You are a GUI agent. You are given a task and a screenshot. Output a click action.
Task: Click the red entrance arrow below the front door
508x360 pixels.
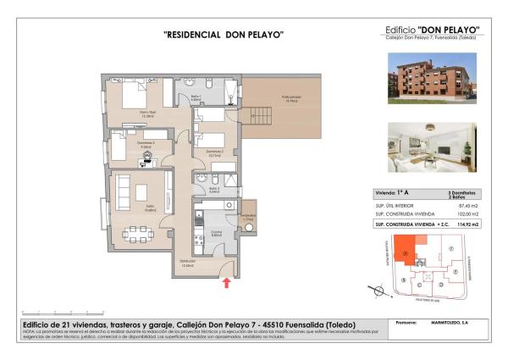coord(226,282)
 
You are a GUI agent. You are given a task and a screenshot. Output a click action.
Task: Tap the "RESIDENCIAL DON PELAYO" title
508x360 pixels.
coord(223,35)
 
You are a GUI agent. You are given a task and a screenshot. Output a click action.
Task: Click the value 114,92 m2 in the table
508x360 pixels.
coord(468,224)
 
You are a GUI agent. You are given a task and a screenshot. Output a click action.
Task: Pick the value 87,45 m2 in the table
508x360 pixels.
coord(469,205)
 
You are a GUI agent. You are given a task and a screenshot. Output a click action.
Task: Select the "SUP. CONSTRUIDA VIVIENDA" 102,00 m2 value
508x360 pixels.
coord(468,214)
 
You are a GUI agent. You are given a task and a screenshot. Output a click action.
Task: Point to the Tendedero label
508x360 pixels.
coord(248,215)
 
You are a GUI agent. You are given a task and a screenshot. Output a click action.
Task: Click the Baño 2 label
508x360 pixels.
coord(215,191)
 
